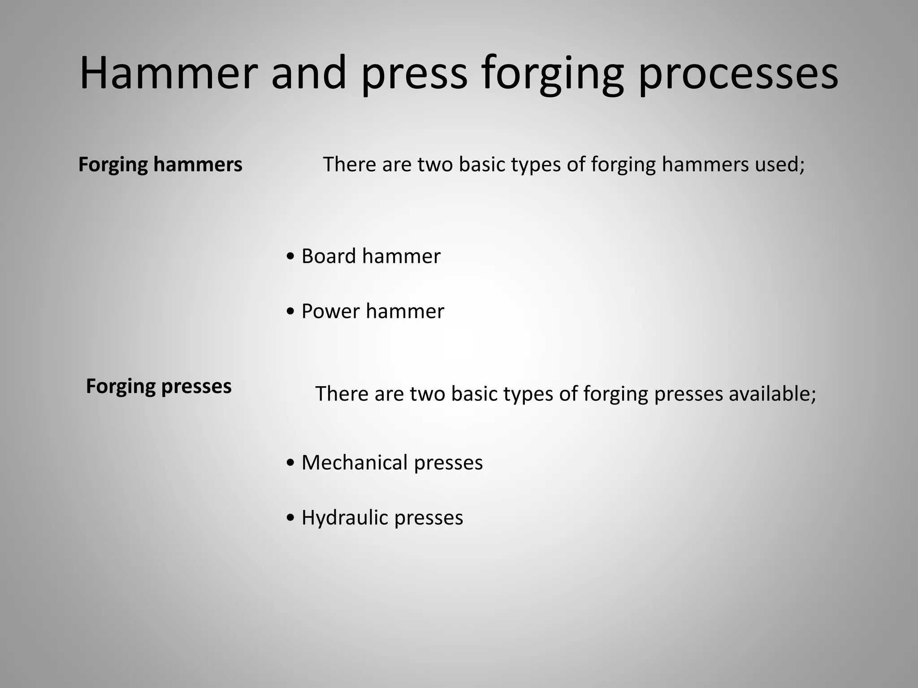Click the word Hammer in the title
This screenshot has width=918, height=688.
tap(169, 73)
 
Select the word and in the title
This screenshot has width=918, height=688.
tap(309, 73)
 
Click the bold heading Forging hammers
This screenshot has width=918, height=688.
tap(160, 164)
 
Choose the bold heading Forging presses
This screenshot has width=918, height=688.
tap(159, 386)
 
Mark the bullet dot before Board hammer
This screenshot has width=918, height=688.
tap(290, 257)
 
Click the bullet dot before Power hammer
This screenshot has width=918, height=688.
tap(290, 312)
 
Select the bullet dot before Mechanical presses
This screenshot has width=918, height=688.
tap(290, 463)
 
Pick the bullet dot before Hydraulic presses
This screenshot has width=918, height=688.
tap(290, 518)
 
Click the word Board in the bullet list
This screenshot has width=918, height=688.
tap(329, 256)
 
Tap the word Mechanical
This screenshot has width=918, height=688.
tap(355, 463)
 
